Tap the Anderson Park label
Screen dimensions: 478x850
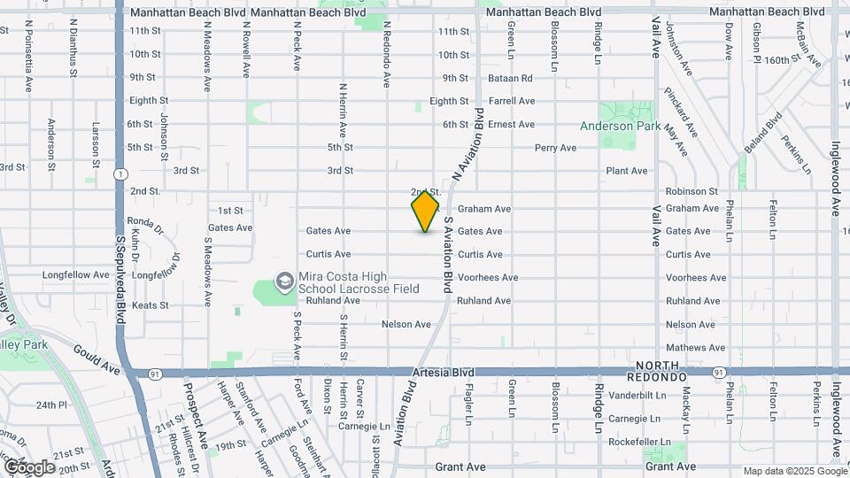pos(620,126)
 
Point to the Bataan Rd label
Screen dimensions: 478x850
pos(510,78)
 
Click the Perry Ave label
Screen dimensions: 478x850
pos(555,148)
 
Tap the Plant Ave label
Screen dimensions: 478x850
pos(626,171)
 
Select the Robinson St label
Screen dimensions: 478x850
pos(692,191)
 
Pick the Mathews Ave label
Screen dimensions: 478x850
pos(690,349)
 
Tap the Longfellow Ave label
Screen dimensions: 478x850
pos(76,275)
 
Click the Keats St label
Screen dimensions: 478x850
pos(150,305)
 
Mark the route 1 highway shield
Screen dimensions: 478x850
pos(119,174)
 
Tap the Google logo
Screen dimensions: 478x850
pos(29,466)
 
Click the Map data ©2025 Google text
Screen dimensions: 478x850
pos(794,471)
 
